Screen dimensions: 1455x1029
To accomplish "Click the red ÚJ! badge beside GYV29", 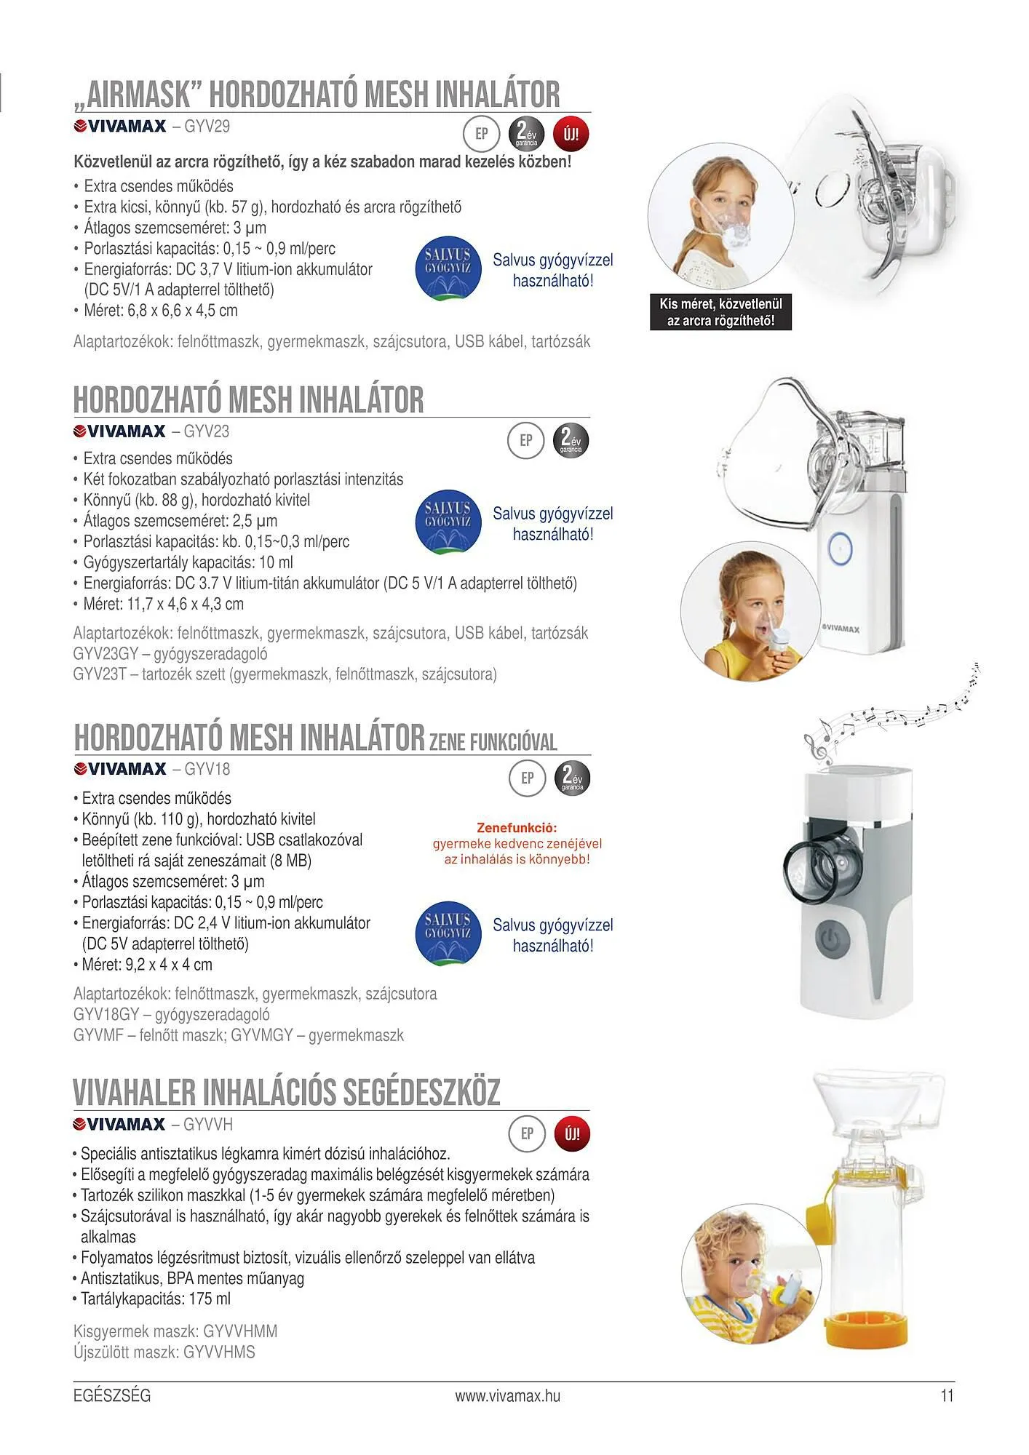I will pos(571,135).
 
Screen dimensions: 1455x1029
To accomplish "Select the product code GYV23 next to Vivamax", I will pos(206,431).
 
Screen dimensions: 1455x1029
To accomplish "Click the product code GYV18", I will pos(207,769).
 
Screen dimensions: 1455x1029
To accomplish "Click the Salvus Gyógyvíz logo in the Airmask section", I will pos(448,268).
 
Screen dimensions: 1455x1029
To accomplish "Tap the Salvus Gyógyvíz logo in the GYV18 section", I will pos(448,933).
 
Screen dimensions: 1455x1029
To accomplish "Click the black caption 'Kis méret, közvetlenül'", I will pos(720,304).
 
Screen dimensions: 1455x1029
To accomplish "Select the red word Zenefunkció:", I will pos(517,828).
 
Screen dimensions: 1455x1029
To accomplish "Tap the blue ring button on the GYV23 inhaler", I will pos(841,546).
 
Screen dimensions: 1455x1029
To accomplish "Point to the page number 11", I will pos(947,1395).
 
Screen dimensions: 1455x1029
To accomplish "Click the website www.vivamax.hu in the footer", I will pos(508,1395).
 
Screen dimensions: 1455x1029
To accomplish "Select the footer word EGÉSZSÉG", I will pos(112,1395).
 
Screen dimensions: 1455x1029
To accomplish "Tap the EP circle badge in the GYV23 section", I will pos(525,440).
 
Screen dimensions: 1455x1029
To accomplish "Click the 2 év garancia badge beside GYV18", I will pos(572,778).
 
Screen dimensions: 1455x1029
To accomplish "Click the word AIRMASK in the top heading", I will pos(138,95).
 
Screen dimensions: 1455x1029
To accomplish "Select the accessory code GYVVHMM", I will pos(240,1331).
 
